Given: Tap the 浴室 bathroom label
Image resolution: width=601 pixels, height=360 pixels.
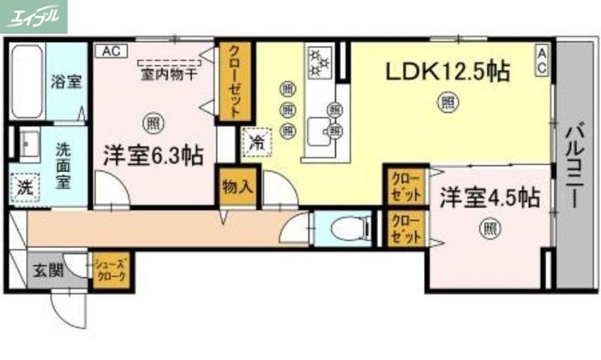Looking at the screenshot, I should pyautogui.click(x=66, y=82).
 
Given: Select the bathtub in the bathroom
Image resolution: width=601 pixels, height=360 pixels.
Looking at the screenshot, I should pyautogui.click(x=27, y=81).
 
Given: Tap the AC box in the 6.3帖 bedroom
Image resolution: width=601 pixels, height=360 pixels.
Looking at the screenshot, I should pyautogui.click(x=110, y=51).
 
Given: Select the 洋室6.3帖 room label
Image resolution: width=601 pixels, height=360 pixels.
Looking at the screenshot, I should pyautogui.click(x=153, y=155).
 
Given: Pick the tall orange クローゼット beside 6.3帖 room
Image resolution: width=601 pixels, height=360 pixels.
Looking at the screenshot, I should pyautogui.click(x=235, y=81).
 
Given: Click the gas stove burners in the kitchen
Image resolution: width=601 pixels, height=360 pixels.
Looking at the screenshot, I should pyautogui.click(x=319, y=60).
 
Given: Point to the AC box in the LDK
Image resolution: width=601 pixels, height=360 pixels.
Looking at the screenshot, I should pyautogui.click(x=542, y=60).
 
